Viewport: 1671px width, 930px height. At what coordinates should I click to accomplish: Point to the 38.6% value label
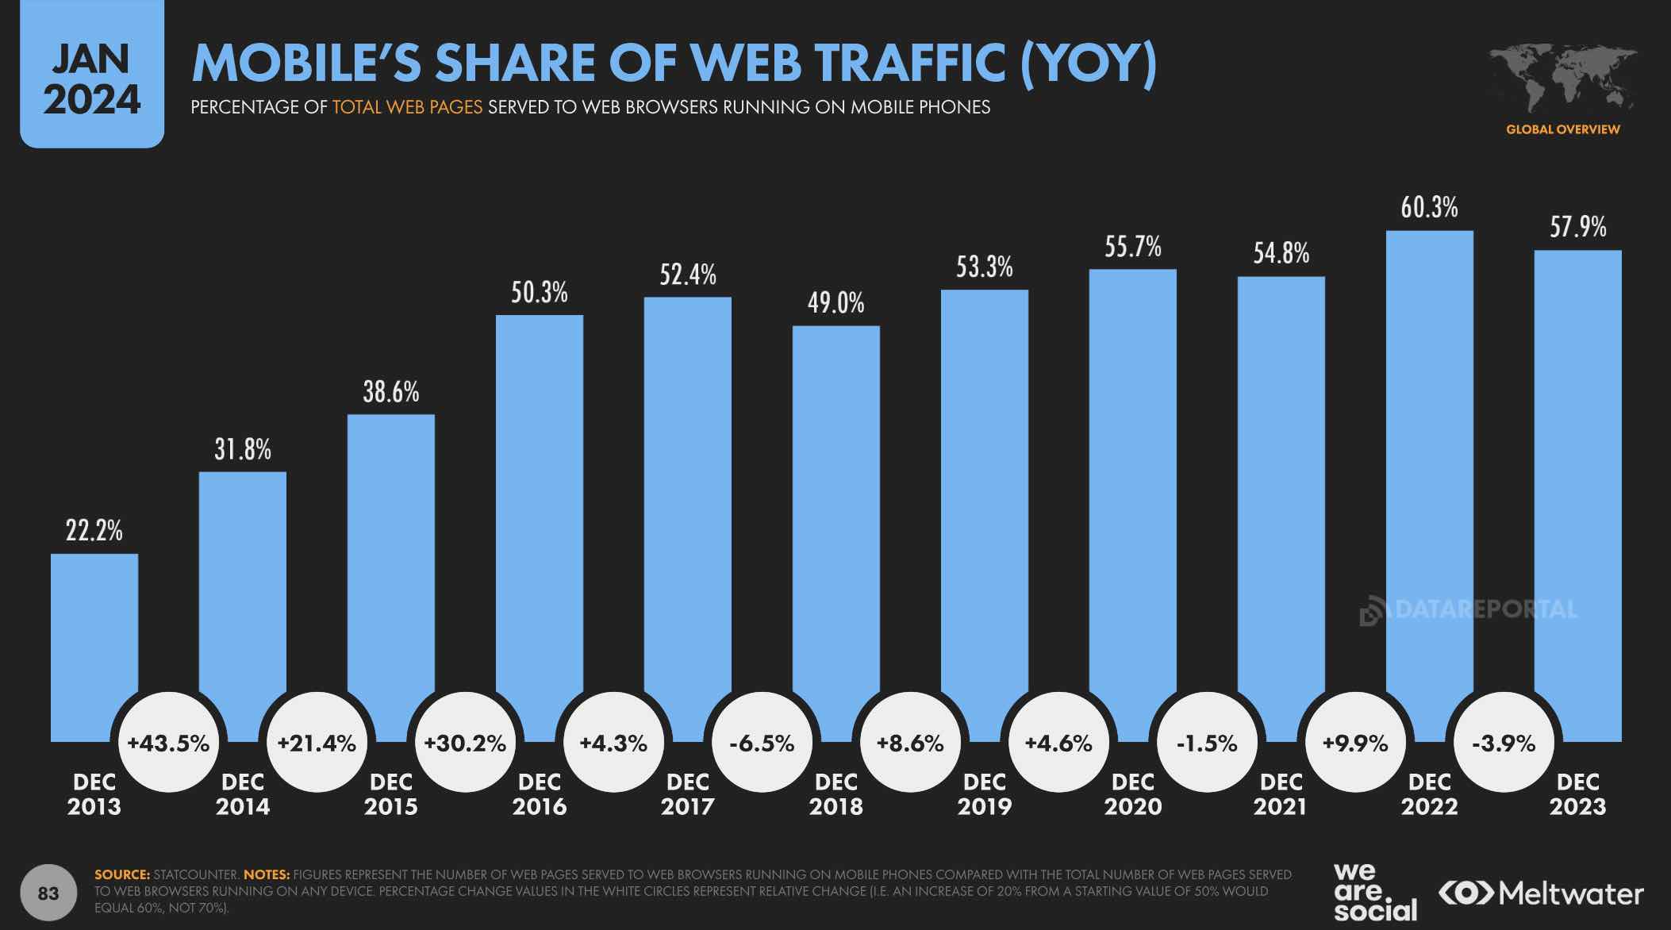pos(391,392)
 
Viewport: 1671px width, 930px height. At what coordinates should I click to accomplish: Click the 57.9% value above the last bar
pos(1577,228)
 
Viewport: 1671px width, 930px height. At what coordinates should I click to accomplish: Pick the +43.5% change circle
pos(168,744)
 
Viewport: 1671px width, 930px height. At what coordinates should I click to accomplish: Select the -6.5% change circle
pos(762,744)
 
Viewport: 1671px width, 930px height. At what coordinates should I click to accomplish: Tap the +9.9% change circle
pos(1355,744)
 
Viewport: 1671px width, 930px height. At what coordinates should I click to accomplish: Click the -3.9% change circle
pos(1504,744)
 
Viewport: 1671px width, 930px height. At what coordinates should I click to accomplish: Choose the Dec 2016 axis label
pos(540,794)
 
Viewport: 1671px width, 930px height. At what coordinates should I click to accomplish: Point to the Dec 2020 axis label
pos(1133,794)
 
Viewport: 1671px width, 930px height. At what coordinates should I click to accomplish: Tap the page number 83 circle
pos(48,893)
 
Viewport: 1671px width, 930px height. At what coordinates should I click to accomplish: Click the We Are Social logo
pos(1375,893)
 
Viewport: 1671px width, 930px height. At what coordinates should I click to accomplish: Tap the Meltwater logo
pos(1541,893)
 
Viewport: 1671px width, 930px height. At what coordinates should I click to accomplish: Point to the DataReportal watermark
pos(1469,610)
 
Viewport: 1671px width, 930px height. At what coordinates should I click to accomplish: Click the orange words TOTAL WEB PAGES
pos(407,107)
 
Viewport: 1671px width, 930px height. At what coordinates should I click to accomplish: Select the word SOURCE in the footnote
pos(121,874)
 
